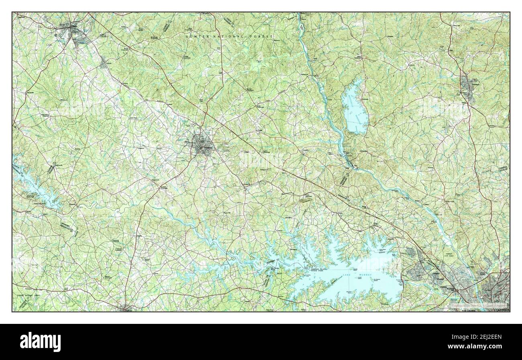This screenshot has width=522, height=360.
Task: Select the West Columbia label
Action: tap(471, 310)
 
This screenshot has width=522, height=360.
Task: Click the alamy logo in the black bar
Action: tap(41, 342)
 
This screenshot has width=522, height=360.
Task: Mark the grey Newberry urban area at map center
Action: tap(202, 145)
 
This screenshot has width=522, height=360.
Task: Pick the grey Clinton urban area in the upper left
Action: tap(72, 31)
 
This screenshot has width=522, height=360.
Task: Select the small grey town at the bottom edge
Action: tap(125, 308)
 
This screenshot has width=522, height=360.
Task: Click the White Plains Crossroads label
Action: tap(46, 115)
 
